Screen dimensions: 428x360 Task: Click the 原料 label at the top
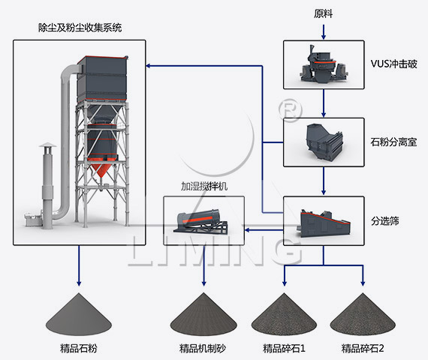(323, 14)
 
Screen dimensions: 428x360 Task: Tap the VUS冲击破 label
(393, 64)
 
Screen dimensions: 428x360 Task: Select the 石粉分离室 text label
(393, 142)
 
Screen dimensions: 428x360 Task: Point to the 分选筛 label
(385, 221)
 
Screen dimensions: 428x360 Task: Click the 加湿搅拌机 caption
(204, 186)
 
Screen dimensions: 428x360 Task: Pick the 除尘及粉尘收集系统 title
(80, 28)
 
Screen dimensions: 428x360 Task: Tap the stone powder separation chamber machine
(324, 142)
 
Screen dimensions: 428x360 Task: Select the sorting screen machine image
(324, 222)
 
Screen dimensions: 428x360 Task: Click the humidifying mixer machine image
(200, 221)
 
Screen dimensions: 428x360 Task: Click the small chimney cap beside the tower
(47, 145)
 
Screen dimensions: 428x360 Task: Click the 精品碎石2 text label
(363, 348)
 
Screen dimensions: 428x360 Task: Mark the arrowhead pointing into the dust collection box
(148, 66)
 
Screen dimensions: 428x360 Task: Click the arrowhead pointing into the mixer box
(247, 230)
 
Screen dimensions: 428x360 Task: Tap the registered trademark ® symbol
(291, 110)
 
